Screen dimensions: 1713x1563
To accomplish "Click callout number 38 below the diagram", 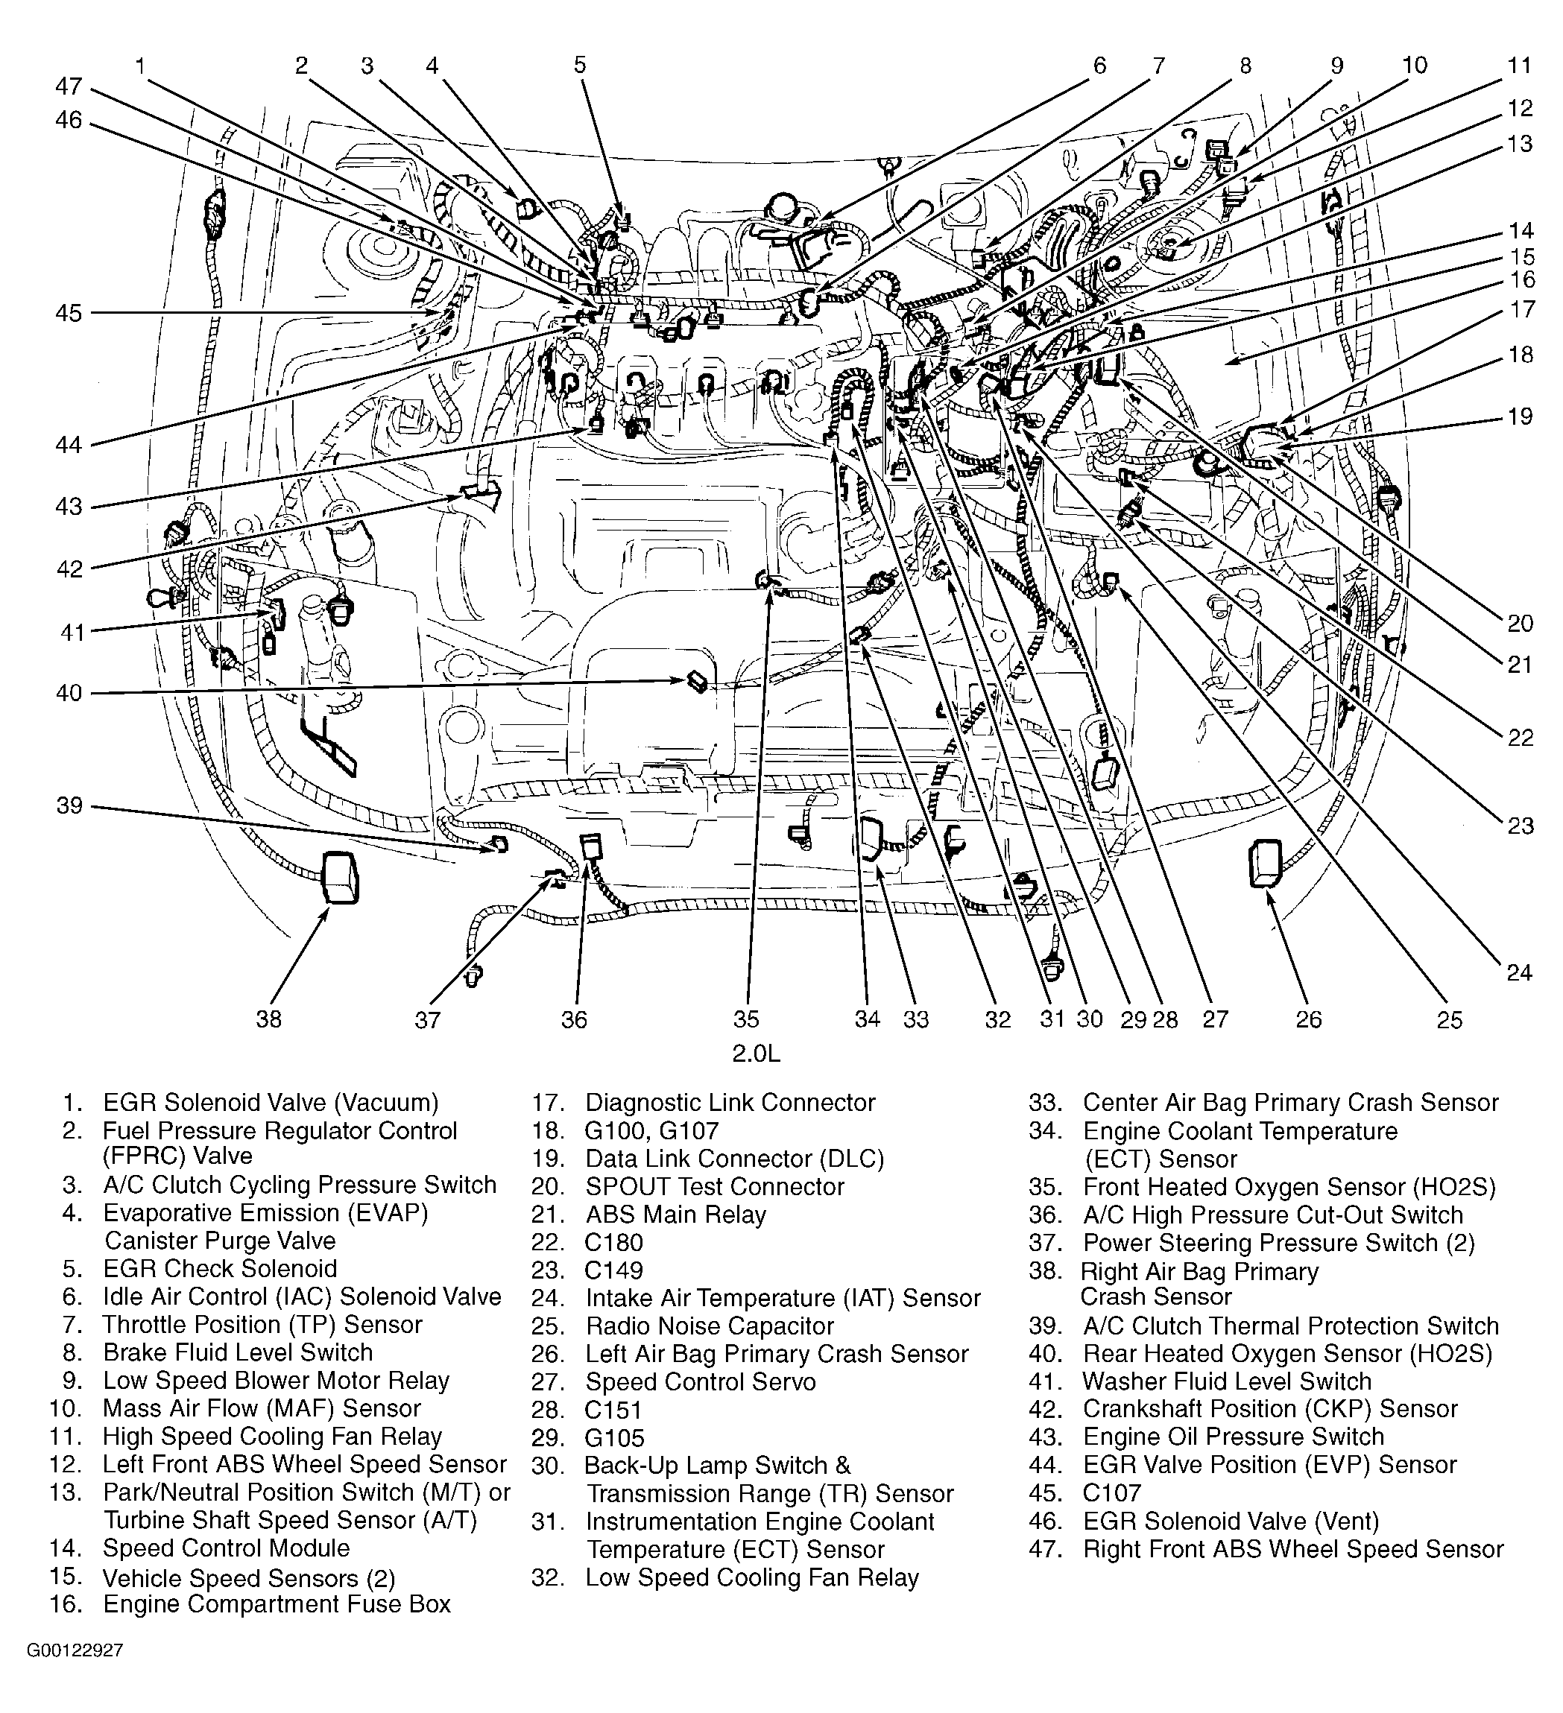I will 268,1018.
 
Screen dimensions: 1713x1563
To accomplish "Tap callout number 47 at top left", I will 70,86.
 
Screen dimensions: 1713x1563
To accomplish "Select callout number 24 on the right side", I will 1520,972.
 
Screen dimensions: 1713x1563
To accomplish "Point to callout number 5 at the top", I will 580,66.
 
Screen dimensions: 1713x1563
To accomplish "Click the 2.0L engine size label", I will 756,1054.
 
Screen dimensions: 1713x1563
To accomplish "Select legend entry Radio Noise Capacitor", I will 709,1326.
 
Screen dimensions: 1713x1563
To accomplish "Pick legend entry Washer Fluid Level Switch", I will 1226,1381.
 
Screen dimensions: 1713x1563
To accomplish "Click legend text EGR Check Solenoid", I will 219,1269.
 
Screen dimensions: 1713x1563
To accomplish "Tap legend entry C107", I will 1112,1493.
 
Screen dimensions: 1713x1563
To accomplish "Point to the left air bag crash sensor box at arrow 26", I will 1265,864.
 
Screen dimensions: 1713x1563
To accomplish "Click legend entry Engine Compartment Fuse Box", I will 277,1604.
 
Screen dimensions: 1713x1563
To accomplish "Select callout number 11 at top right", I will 1519,66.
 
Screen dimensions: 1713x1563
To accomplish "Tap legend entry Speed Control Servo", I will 701,1381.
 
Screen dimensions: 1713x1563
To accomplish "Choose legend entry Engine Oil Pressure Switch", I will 1234,1437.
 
